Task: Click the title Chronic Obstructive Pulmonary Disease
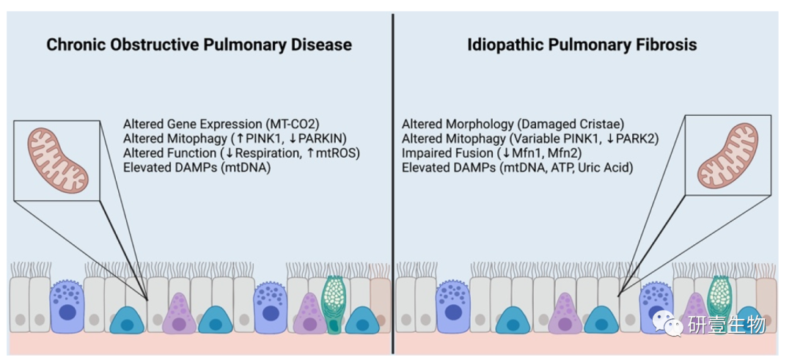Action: point(199,45)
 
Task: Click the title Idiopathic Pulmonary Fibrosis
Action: point(582,45)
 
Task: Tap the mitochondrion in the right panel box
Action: point(727,154)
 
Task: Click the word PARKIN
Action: point(318,139)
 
